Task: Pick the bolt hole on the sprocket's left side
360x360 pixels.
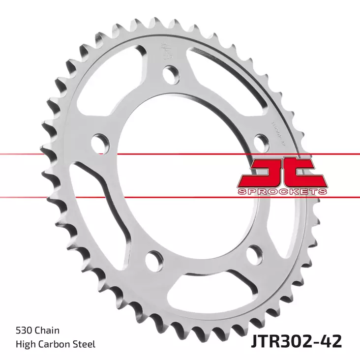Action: click(x=101, y=142)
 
